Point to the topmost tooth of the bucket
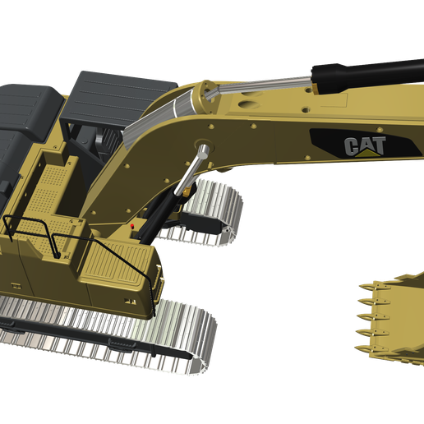[x=365, y=287]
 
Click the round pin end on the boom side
[x=203, y=148]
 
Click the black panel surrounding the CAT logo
[x=329, y=140]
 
